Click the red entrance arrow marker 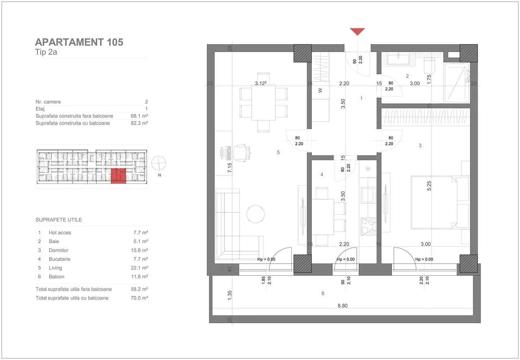[357, 32]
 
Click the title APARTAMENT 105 [79, 42]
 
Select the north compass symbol [158, 164]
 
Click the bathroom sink [399, 59]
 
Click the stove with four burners [368, 226]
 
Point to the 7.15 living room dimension [230, 168]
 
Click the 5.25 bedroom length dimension [429, 186]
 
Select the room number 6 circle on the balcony [323, 293]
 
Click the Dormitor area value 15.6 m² [140, 250]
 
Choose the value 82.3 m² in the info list [140, 123]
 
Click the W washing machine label [320, 91]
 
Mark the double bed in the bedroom [434, 203]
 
